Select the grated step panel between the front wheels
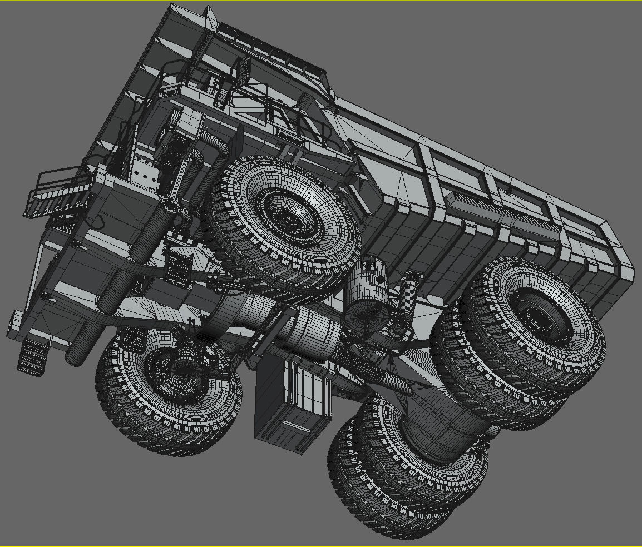tap(178, 267)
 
